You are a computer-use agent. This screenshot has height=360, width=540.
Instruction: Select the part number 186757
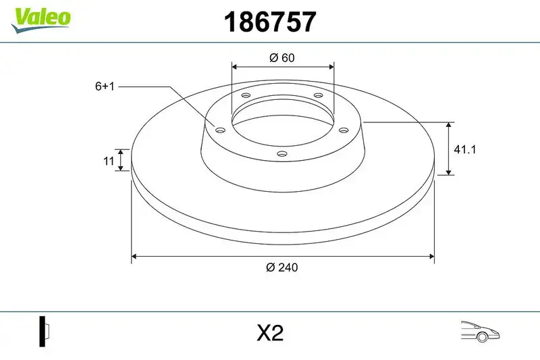pos(269,23)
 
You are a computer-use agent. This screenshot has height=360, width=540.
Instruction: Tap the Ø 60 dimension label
pos(282,57)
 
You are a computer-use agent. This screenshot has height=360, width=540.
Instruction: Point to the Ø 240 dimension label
pos(282,267)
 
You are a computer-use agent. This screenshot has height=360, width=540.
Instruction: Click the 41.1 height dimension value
pos(465,150)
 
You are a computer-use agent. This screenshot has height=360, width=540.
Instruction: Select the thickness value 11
pos(107,160)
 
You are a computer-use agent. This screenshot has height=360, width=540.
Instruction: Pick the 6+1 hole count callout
pos(106,86)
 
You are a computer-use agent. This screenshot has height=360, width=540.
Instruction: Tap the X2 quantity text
pos(270,332)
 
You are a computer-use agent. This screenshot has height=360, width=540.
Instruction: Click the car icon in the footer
pos(479,331)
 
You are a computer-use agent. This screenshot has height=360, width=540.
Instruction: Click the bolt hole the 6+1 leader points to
pos(219,129)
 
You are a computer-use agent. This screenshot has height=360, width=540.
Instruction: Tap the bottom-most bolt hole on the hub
pos(283,155)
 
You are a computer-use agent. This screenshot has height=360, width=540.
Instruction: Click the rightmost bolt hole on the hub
pos(342,130)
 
